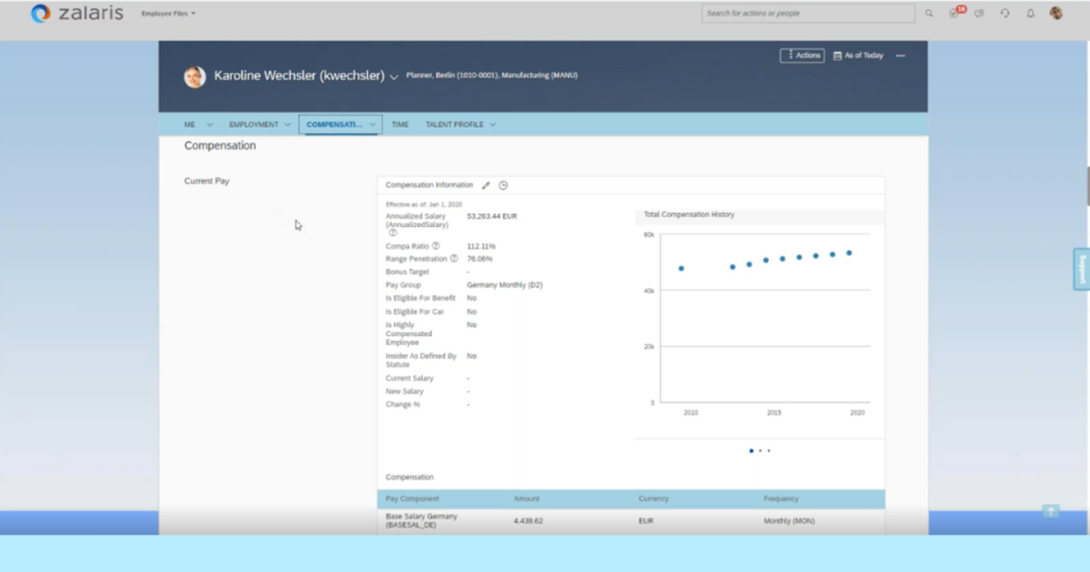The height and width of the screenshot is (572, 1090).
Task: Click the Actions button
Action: [802, 56]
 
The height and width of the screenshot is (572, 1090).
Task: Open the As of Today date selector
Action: [858, 56]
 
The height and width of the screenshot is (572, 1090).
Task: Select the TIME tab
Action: [400, 124]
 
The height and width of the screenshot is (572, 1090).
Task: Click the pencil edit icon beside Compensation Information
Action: [486, 186]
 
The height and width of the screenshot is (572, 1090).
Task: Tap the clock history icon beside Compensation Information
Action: [503, 186]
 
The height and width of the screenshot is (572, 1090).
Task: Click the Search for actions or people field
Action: [807, 13]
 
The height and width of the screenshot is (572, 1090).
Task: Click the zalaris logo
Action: [77, 13]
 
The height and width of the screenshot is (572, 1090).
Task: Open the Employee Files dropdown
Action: [168, 14]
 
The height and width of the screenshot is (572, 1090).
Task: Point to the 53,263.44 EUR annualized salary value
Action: [492, 216]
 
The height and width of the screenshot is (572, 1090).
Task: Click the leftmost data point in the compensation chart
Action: [681, 268]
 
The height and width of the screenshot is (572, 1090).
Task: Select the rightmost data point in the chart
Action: [849, 253]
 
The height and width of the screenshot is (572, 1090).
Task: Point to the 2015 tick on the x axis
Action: [774, 413]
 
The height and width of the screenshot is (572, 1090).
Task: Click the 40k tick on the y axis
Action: [648, 291]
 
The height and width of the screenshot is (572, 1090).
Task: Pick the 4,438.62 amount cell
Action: [528, 521]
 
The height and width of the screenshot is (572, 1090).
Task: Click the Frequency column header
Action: [781, 499]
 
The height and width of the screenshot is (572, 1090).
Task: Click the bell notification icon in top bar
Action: [1030, 14]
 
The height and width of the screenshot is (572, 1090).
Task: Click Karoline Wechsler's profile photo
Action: [195, 77]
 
